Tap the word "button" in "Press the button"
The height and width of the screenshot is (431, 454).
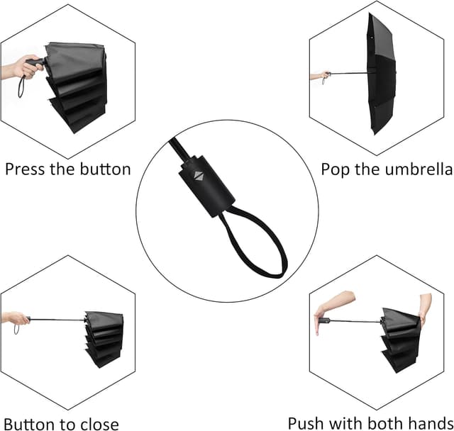104,169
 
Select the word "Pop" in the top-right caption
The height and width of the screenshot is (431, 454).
336,169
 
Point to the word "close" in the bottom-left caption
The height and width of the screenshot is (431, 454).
96,423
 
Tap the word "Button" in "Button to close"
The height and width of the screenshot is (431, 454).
29,423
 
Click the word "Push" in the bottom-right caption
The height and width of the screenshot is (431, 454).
304,423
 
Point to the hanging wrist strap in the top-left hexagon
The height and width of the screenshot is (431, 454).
23,87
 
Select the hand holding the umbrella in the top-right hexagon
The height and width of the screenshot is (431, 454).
320,75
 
